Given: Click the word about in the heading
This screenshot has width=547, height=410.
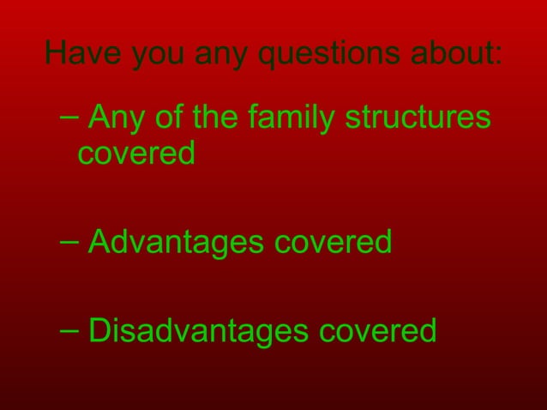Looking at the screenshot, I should [453, 53].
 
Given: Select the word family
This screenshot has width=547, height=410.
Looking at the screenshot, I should [291, 118].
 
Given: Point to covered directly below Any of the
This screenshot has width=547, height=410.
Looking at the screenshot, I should [136, 154].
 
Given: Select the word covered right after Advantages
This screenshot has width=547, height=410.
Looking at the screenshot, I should [333, 242].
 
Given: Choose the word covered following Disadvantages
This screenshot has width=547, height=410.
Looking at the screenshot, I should [378, 330].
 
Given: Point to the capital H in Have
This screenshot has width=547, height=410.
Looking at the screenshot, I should [56, 53].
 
